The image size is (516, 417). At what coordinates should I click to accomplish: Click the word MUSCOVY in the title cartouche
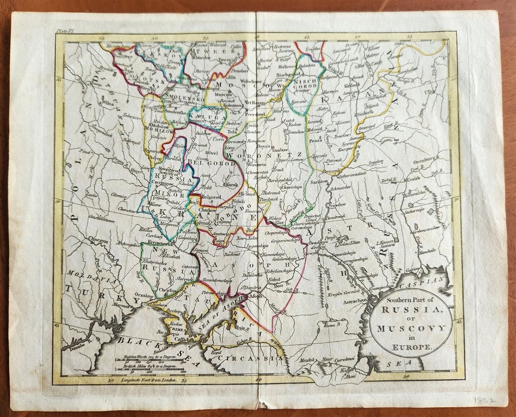click(410, 328)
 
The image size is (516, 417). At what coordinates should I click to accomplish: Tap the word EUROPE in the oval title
click(410, 348)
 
